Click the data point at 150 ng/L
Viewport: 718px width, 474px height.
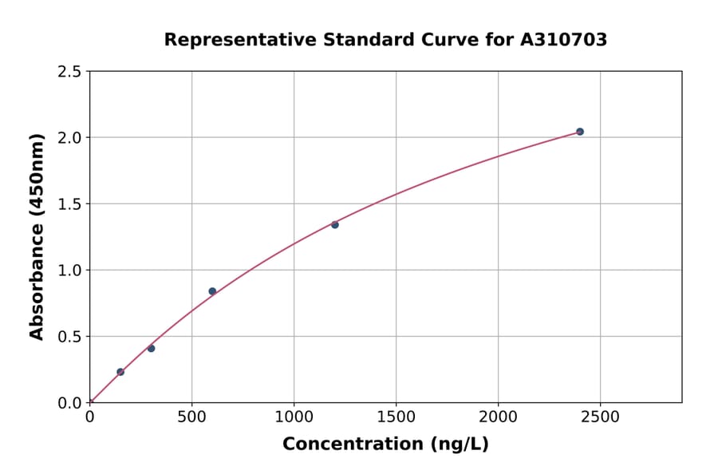tap(120, 372)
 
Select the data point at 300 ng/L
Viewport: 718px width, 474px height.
tap(151, 348)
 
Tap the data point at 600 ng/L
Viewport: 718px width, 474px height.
tap(212, 291)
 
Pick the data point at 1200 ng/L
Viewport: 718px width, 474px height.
tap(335, 224)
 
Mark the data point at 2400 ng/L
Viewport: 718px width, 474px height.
tap(580, 132)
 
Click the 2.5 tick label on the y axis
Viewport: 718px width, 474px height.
tap(69, 72)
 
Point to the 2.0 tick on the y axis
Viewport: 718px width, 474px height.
tap(69, 138)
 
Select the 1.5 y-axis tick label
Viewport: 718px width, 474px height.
tap(69, 204)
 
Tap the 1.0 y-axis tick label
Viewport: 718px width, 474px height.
tap(69, 271)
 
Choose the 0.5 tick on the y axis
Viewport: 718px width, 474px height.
tap(69, 337)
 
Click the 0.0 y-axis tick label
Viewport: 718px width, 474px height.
tap(69, 403)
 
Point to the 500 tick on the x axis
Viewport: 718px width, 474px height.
tap(191, 417)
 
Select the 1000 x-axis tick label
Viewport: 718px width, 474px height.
tap(294, 417)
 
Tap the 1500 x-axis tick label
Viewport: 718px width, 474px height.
tap(396, 417)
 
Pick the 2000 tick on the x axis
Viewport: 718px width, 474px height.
tap(498, 417)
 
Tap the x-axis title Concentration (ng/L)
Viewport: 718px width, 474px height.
tap(385, 444)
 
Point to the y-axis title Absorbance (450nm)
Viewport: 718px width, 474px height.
tap(37, 236)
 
